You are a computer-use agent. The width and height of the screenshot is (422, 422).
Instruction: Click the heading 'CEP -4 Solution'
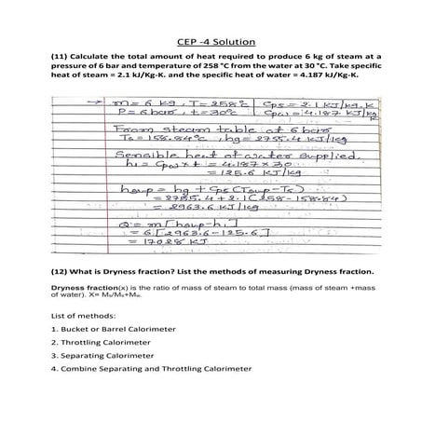point(211,41)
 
